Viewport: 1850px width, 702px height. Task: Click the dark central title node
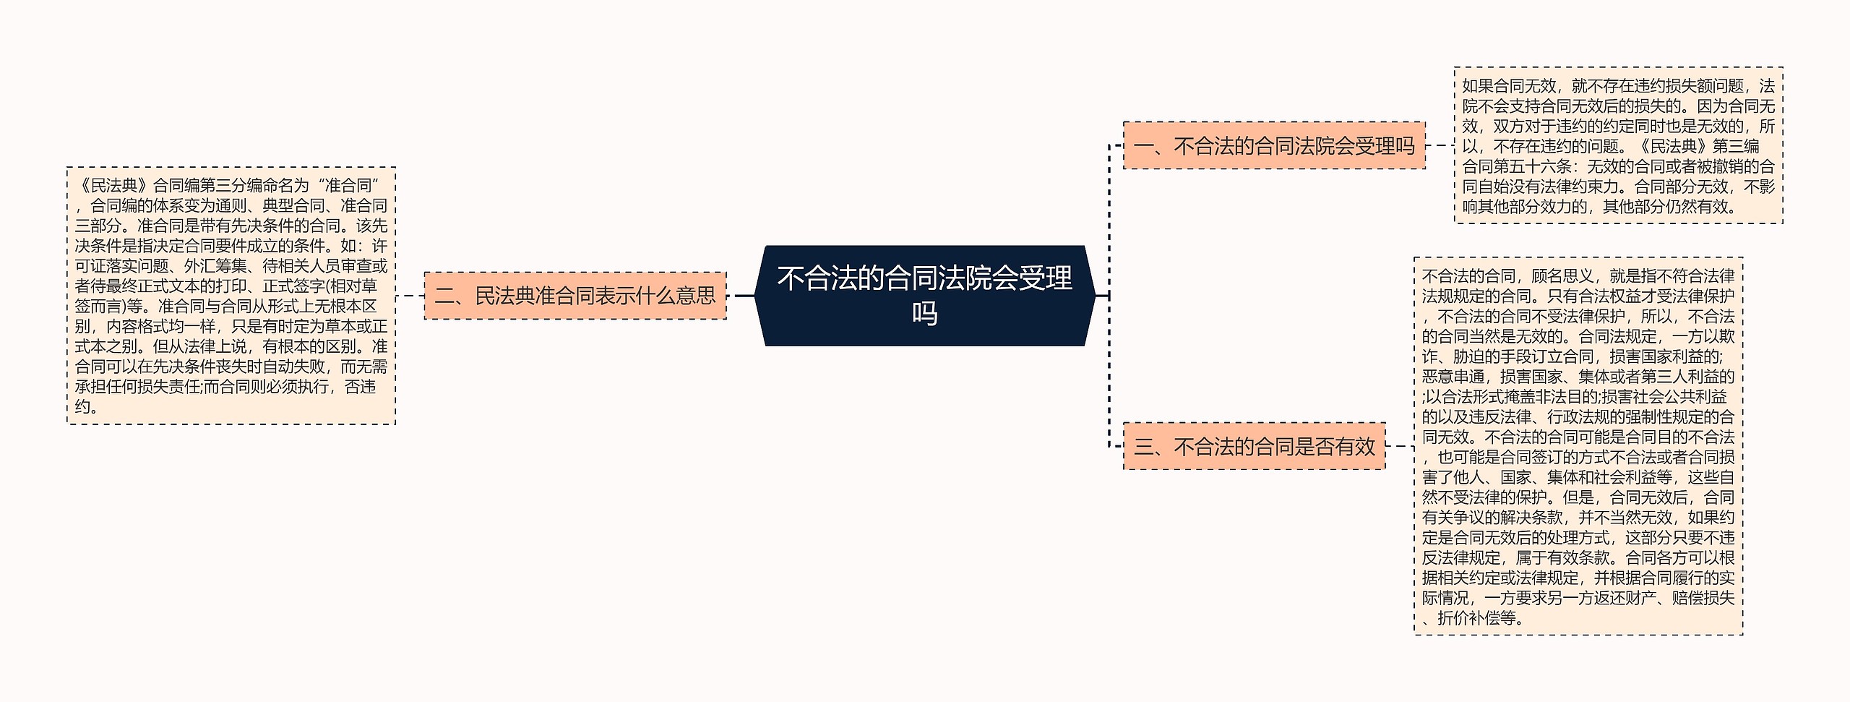click(x=924, y=296)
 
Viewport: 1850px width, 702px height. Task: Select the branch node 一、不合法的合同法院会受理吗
click(x=1273, y=146)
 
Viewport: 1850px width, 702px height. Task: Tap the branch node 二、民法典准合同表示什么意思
click(x=575, y=296)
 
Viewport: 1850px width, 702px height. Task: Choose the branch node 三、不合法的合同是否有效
click(x=1254, y=447)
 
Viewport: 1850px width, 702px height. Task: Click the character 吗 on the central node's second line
click(x=924, y=314)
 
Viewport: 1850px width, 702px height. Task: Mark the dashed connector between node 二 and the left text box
click(x=410, y=296)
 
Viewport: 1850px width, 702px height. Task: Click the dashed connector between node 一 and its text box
click(x=1440, y=146)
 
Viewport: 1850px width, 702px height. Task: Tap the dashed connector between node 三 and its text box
click(x=1400, y=447)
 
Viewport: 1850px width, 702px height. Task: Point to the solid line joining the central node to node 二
click(x=740, y=296)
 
